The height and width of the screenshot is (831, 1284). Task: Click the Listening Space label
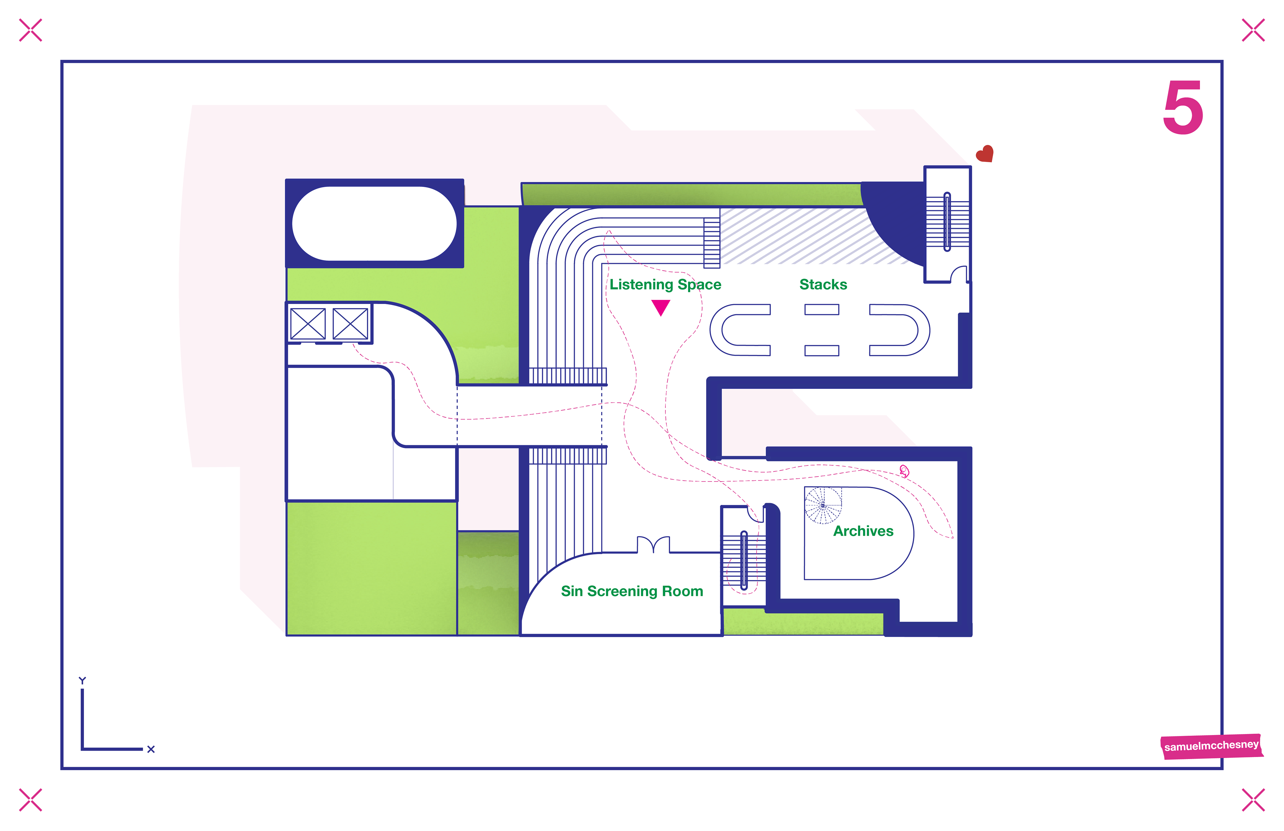(665, 284)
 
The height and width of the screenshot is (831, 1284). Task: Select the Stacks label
(823, 284)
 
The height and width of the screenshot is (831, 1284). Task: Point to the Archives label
(863, 531)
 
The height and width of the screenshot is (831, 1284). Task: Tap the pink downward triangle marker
(660, 307)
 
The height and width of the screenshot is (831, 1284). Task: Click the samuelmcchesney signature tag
(1211, 746)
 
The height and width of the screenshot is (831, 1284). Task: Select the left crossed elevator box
(308, 324)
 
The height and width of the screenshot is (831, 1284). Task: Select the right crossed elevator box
(350, 324)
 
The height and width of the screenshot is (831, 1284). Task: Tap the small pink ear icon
(904, 471)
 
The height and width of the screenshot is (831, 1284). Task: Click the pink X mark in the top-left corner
(30, 30)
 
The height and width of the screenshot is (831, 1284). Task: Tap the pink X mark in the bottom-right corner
(1253, 800)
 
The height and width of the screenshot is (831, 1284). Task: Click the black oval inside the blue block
(374, 223)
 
